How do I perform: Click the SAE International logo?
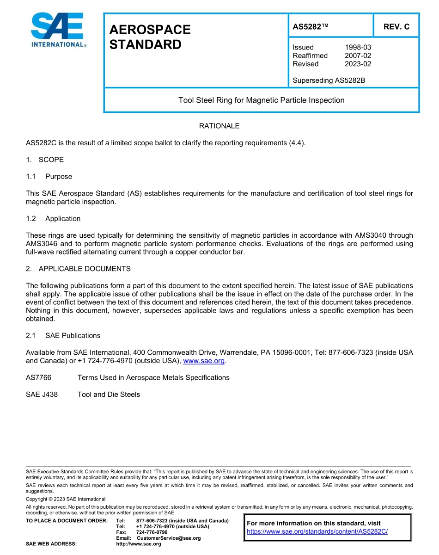(x=58, y=30)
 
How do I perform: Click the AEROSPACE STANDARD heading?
(x=150, y=37)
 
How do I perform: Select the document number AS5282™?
(x=311, y=27)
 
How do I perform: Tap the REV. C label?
(x=396, y=27)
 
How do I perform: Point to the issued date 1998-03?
(x=358, y=47)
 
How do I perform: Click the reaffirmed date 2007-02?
(x=358, y=55)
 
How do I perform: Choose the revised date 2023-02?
(x=358, y=64)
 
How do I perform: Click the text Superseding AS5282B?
(x=329, y=80)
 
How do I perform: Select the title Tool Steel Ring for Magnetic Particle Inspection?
(x=261, y=100)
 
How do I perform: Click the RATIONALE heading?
(x=219, y=126)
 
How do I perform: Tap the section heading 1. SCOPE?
(x=45, y=160)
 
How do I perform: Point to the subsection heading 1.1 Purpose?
(x=49, y=176)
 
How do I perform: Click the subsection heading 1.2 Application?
(x=53, y=218)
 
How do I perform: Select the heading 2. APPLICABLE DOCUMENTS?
(x=78, y=269)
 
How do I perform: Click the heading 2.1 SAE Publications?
(x=63, y=335)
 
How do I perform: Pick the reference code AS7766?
(x=39, y=377)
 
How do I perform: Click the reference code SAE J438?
(x=42, y=395)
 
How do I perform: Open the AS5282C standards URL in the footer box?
(x=317, y=531)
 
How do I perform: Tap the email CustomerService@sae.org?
(x=169, y=538)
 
